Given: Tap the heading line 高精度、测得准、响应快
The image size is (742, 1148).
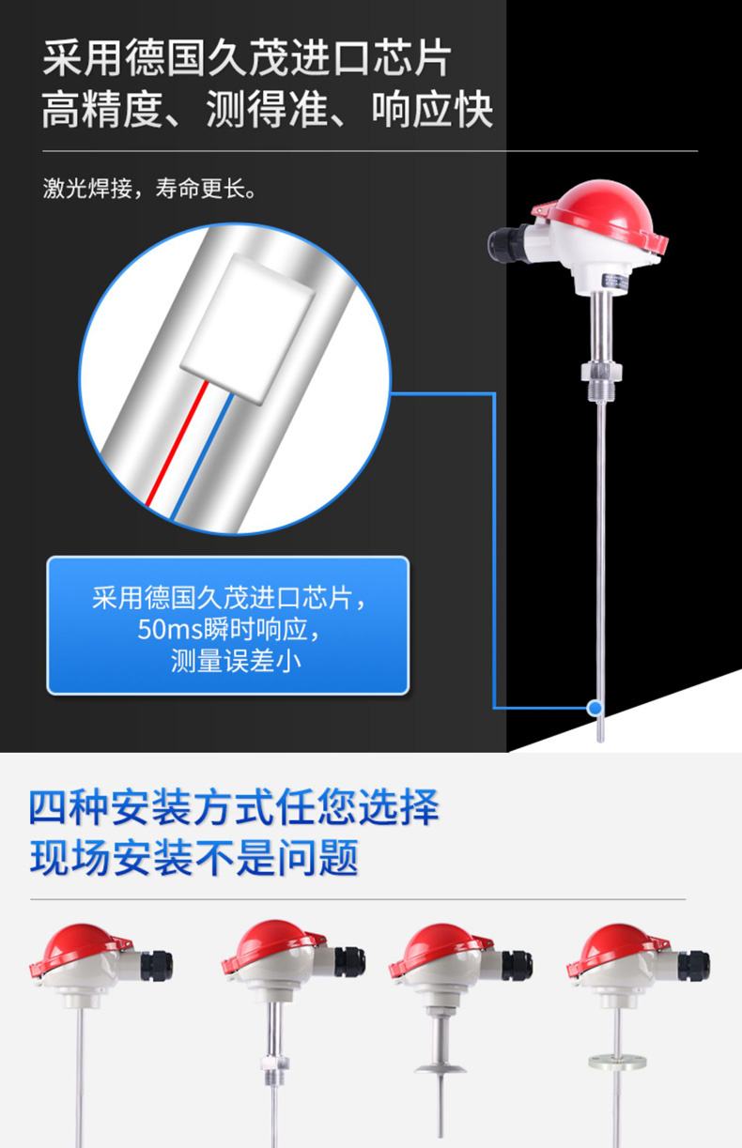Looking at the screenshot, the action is [x=267, y=109].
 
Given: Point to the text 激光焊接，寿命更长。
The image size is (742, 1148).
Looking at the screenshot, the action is [x=149, y=188].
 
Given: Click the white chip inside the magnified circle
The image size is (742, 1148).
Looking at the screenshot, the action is [x=248, y=327].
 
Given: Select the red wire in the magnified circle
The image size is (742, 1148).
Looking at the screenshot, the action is [x=178, y=443].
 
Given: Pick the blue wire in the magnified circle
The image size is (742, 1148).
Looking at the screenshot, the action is [x=202, y=455].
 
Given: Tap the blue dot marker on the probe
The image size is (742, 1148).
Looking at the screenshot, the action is [x=595, y=708].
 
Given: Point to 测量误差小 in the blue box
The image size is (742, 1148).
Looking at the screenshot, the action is [x=236, y=661].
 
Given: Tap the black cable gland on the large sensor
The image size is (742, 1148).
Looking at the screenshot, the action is [x=506, y=244].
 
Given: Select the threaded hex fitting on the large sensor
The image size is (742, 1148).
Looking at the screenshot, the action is [x=601, y=378].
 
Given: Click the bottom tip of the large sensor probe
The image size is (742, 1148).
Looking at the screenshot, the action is [x=600, y=741].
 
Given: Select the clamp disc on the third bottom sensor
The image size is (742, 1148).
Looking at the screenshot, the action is [x=441, y=1068].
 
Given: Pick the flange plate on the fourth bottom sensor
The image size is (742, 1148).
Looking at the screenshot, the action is [x=617, y=1062].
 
